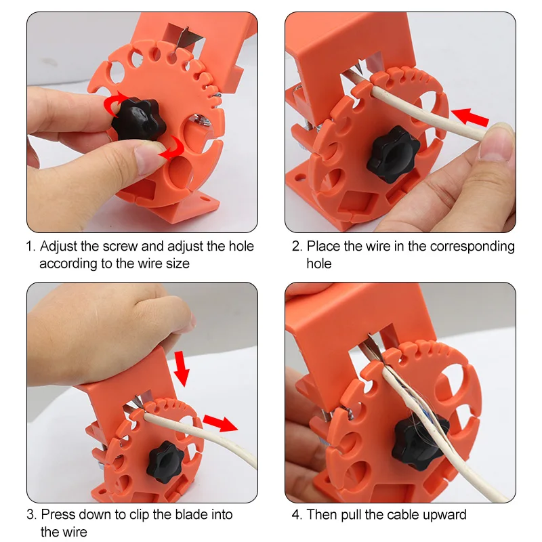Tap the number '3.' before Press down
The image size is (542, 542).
pos(32,515)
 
